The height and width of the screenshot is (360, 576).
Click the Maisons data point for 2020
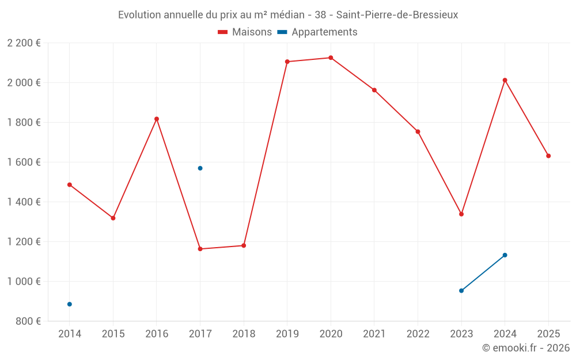(x=331, y=58)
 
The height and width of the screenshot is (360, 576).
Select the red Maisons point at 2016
(x=157, y=119)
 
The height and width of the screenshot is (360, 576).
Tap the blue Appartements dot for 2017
(x=200, y=168)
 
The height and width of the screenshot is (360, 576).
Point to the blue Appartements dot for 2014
(x=70, y=304)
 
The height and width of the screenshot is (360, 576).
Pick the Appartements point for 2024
(x=505, y=255)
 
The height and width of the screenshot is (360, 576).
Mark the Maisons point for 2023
(x=461, y=214)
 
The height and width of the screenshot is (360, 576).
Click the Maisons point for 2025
(x=548, y=156)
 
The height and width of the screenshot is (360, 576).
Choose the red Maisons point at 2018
(x=244, y=245)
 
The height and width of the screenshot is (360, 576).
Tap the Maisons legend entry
(x=245, y=32)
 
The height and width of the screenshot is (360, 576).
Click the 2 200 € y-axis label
(x=24, y=43)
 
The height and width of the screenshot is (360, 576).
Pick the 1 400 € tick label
(x=24, y=202)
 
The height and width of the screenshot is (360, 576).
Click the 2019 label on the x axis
(x=287, y=334)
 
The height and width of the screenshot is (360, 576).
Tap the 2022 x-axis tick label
(x=418, y=334)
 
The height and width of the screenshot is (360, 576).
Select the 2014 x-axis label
(x=70, y=334)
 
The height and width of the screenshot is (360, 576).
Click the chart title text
(x=288, y=15)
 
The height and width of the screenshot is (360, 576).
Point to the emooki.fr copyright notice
(x=525, y=348)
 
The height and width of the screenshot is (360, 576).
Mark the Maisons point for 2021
(x=374, y=90)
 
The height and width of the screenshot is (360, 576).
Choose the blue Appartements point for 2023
(x=461, y=291)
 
